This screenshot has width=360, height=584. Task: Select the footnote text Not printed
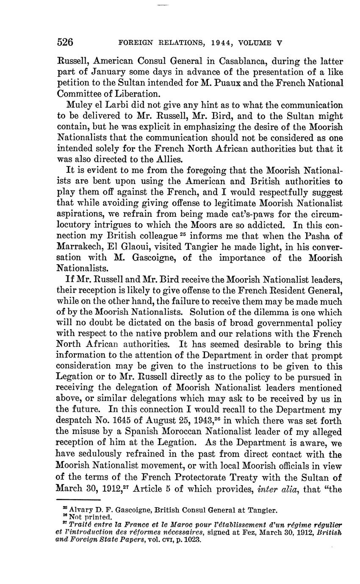coord(84,517)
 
